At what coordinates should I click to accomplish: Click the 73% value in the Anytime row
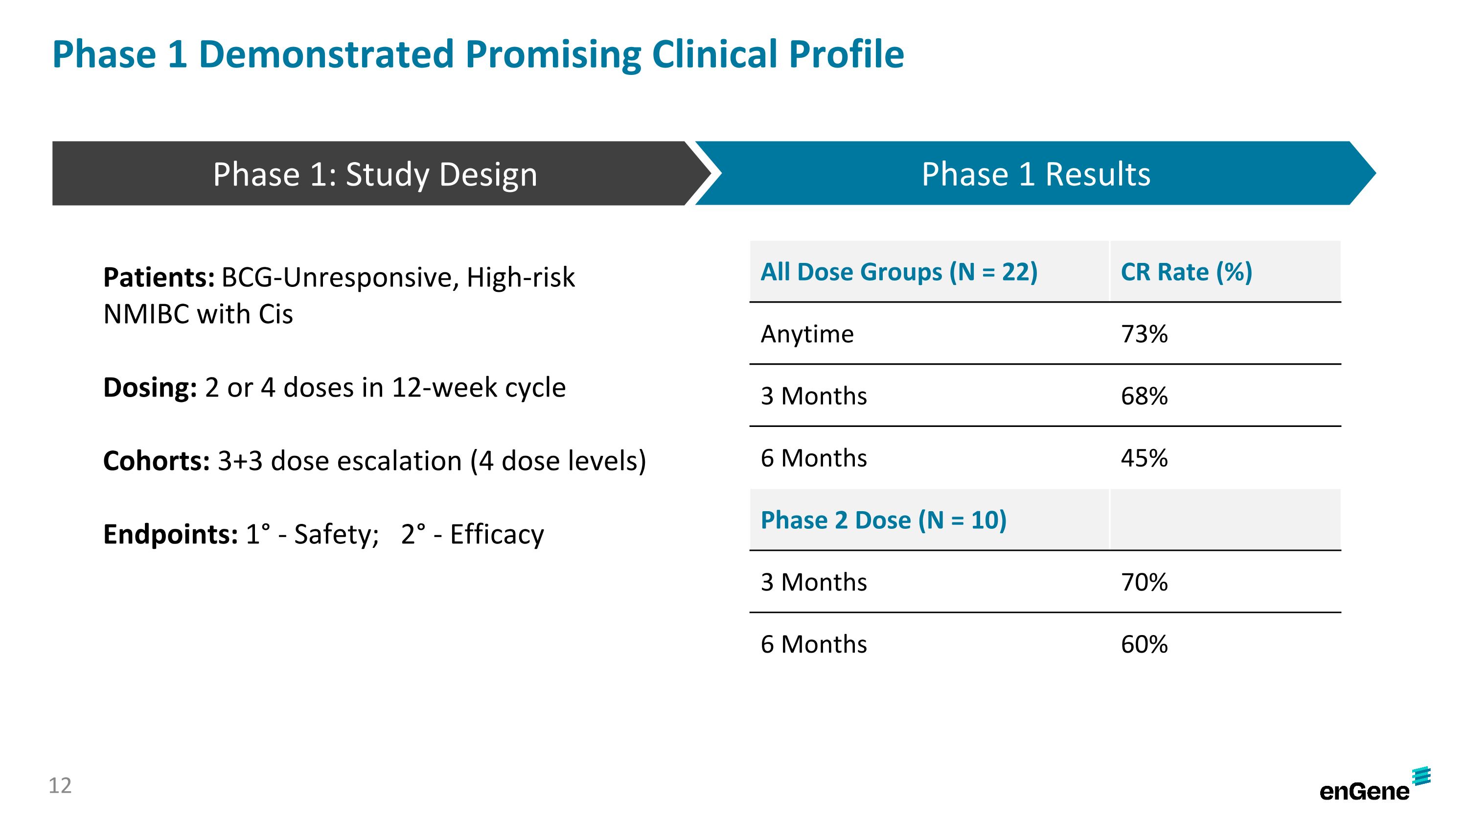pos(1144,334)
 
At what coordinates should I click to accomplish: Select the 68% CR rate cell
pos(1144,396)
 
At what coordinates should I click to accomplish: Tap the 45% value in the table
pos(1144,458)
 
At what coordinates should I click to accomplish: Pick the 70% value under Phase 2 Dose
pos(1144,583)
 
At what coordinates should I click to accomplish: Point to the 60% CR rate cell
pos(1144,645)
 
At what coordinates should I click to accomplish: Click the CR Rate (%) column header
pos(1186,272)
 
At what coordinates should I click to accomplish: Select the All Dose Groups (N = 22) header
pos(899,272)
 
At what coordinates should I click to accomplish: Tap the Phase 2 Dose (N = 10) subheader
pos(883,520)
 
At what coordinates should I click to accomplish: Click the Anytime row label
pos(807,334)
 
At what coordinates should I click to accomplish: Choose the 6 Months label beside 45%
pos(813,458)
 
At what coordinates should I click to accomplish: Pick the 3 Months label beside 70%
pos(813,583)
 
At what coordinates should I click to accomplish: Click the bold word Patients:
pos(159,278)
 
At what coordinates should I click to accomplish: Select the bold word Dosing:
pos(150,388)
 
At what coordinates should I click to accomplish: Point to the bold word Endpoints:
pos(170,535)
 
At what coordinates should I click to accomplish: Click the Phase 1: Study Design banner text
pos(375,174)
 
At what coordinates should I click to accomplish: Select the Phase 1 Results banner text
pos(1035,174)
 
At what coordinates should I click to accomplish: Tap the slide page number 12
pos(60,785)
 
